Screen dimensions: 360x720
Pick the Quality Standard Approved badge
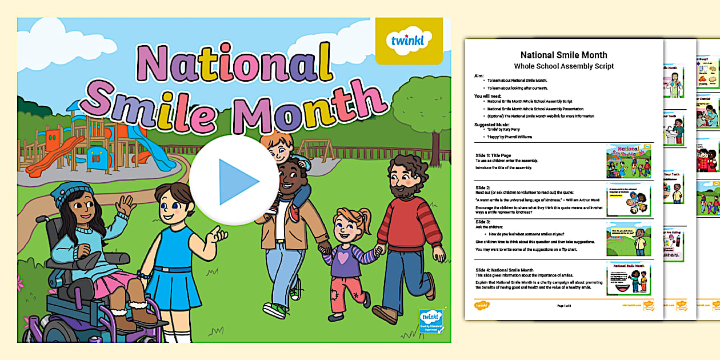[430, 325]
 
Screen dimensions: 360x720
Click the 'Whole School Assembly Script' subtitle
[563, 66]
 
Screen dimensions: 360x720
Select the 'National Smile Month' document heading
[563, 55]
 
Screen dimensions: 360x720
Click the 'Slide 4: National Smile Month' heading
[505, 270]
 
